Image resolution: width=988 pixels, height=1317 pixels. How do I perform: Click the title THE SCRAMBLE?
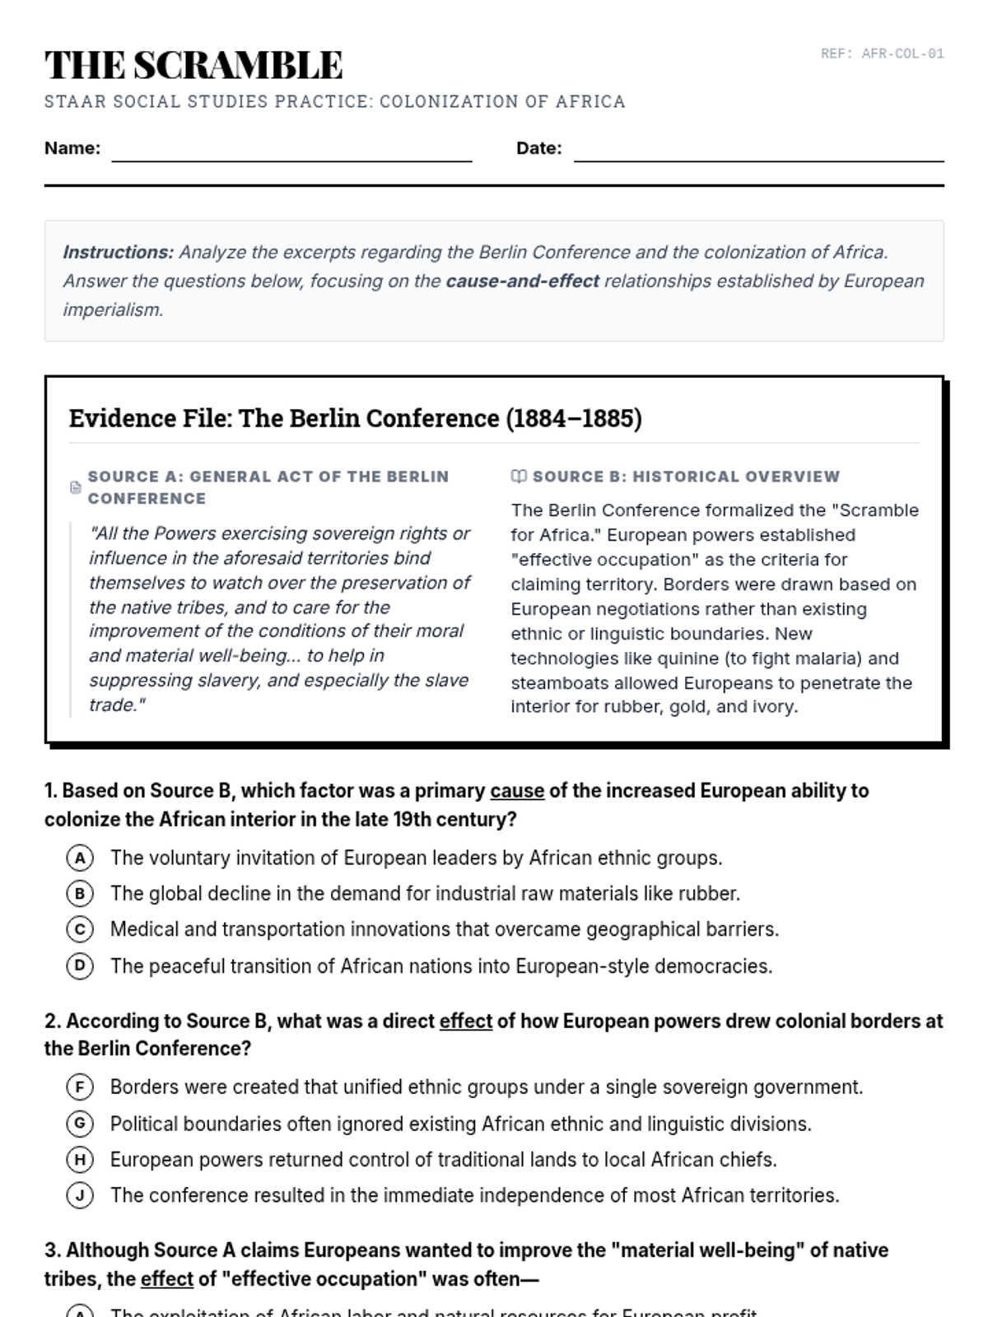coord(193,65)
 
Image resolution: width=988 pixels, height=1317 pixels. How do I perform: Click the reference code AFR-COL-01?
coord(882,54)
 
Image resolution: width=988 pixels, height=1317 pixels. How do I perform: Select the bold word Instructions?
coord(118,253)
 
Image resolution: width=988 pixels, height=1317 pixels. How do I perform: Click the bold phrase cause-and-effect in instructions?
coord(522,282)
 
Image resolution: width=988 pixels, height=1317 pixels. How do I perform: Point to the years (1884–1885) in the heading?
coord(574,418)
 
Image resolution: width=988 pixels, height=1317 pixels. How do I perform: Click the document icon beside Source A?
coord(76,487)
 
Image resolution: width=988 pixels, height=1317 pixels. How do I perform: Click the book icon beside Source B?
coord(519,477)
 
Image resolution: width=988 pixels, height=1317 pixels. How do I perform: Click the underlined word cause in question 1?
coord(517,791)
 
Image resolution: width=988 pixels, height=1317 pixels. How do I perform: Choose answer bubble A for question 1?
coord(80,859)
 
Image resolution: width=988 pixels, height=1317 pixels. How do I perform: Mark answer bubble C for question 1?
coord(80,930)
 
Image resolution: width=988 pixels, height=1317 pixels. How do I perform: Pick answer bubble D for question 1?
coord(80,966)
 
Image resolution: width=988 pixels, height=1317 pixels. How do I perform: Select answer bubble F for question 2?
coord(80,1087)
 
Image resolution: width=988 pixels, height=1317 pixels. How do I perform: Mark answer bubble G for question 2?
coord(80,1124)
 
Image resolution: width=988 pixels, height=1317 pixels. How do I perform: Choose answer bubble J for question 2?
coord(80,1195)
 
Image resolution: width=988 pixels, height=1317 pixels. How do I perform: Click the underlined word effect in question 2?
coord(466,1021)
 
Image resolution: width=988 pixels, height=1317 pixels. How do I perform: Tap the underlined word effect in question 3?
coord(167,1279)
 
